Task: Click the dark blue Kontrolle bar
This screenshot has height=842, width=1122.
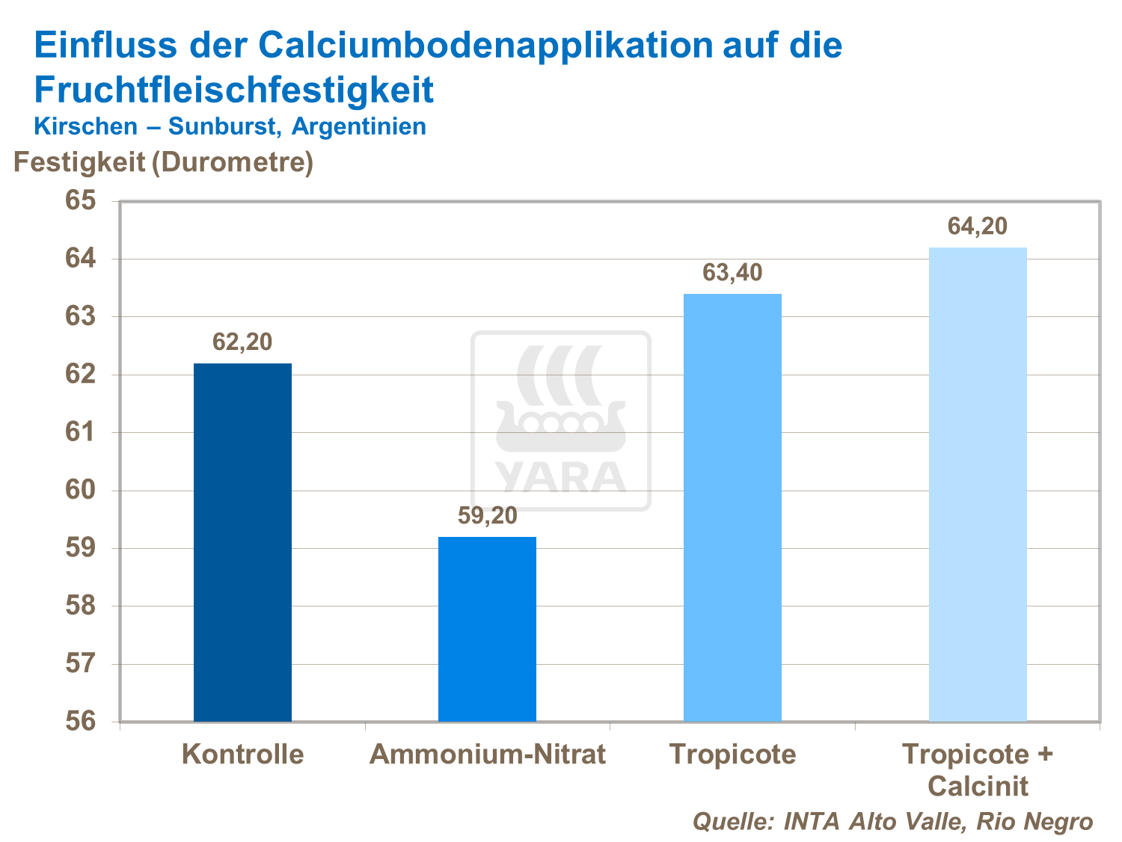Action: (x=242, y=542)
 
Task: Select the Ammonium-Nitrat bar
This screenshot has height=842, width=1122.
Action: (x=487, y=629)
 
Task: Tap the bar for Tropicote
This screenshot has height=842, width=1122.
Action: (x=732, y=508)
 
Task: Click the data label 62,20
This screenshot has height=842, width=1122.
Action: (x=242, y=342)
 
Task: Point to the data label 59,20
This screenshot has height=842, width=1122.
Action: (x=487, y=516)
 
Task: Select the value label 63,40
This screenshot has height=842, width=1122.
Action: (x=732, y=273)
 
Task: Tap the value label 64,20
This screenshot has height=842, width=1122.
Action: (x=978, y=227)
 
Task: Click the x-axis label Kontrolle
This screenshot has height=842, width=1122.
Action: (x=243, y=754)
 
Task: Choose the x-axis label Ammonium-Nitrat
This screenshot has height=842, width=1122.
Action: (x=488, y=754)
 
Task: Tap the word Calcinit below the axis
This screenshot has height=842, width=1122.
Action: (x=978, y=787)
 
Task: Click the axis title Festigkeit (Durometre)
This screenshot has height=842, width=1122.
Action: (x=163, y=162)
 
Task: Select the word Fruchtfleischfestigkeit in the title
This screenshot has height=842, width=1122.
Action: (x=234, y=90)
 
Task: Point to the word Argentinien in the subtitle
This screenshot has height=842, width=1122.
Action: (x=359, y=126)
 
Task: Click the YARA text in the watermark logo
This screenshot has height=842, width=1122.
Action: (x=560, y=477)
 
